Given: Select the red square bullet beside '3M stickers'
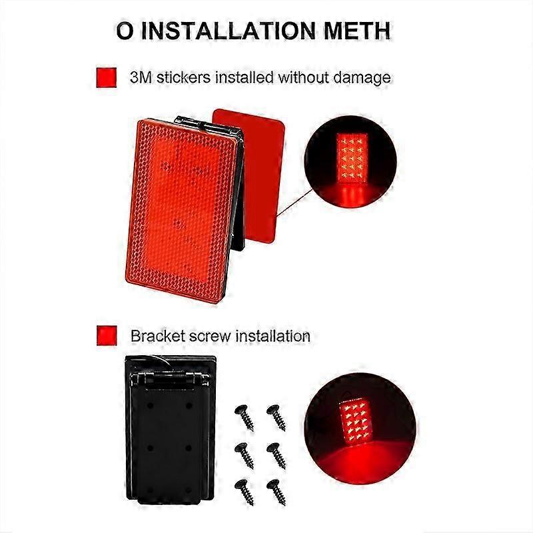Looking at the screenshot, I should point(107,77).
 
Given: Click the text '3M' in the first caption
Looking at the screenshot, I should point(143,77).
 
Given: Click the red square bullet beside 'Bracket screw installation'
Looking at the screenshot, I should point(107,335).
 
